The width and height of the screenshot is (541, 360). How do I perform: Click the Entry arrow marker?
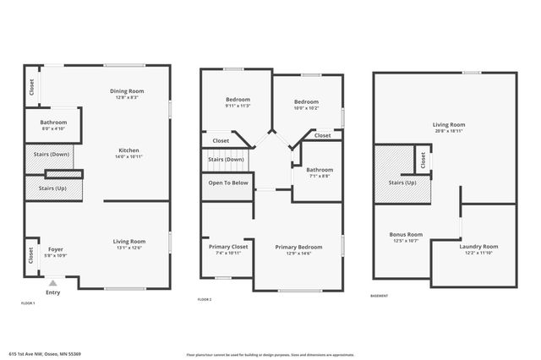(x=53, y=284)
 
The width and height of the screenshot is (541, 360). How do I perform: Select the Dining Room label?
(x=127, y=91)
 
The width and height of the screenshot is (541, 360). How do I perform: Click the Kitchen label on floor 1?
(x=128, y=150)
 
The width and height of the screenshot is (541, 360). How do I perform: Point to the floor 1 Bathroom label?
(x=53, y=123)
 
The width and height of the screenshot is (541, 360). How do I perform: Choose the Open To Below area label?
(x=227, y=182)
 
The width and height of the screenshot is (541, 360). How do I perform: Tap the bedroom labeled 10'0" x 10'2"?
(x=306, y=101)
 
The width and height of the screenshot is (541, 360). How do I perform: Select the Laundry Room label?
(x=478, y=246)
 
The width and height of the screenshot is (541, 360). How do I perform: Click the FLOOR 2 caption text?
(x=205, y=300)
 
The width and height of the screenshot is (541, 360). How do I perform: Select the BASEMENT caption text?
(x=380, y=296)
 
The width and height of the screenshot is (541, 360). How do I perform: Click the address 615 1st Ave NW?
(x=44, y=353)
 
